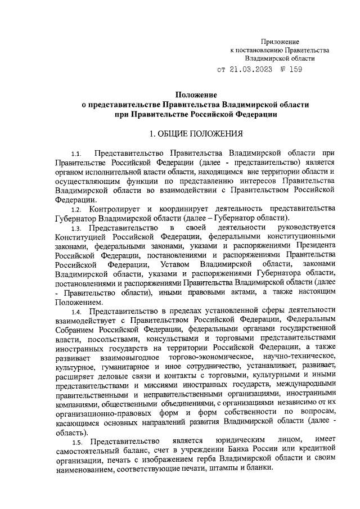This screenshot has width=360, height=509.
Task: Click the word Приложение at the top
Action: [280, 42]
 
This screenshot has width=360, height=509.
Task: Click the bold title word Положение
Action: [195, 95]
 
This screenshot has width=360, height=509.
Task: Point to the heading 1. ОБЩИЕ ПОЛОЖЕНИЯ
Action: [195, 134]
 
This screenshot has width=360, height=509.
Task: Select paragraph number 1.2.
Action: [77, 209]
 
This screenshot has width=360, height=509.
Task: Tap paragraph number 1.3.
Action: [77, 228]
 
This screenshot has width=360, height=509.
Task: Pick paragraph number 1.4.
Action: [77, 310]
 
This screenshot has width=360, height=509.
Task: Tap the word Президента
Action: [315, 246]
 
